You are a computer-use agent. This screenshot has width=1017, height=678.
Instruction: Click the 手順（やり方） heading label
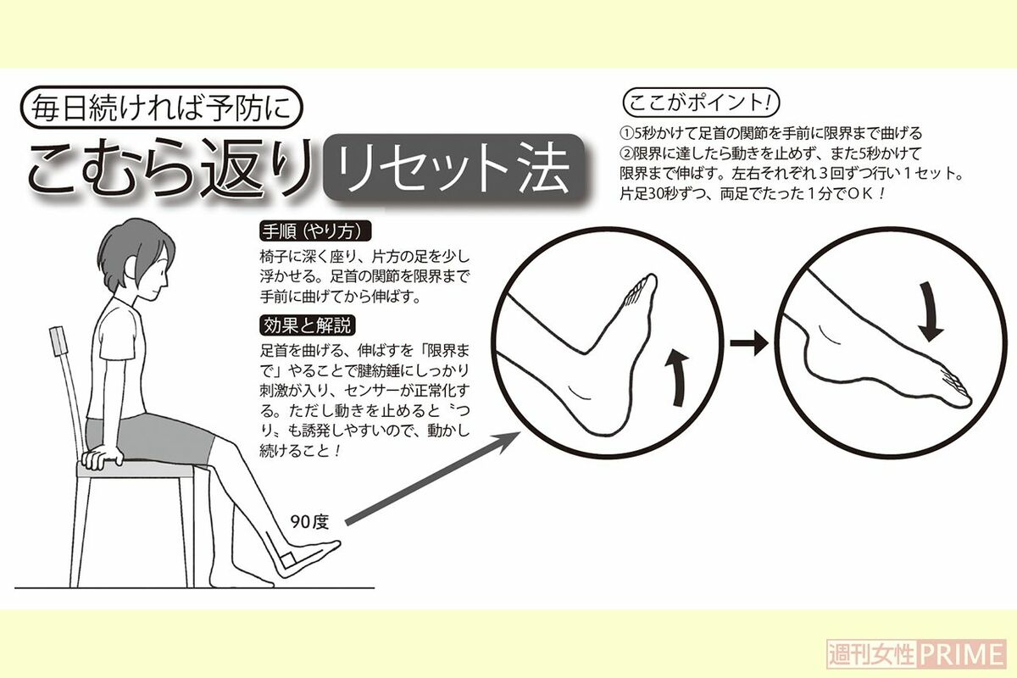[315, 231]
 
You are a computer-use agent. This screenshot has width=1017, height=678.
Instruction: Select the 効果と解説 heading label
[308, 325]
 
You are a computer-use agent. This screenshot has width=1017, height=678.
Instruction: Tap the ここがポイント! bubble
[701, 103]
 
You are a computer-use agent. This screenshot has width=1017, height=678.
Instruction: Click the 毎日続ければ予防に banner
[162, 107]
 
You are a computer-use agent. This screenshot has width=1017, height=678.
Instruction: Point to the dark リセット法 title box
[454, 169]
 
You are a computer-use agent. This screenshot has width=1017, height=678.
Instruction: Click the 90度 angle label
[309, 522]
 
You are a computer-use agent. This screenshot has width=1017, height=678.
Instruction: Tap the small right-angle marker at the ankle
[288, 560]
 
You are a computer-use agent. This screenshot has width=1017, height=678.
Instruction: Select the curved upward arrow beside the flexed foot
[677, 378]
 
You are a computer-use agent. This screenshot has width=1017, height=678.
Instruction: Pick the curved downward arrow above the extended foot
[929, 311]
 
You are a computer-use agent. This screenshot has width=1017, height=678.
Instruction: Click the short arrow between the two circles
[749, 343]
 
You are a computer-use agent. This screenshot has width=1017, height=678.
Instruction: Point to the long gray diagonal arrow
[433, 478]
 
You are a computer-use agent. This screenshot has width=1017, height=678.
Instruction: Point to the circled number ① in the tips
[626, 134]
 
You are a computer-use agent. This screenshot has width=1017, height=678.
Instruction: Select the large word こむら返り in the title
[171, 167]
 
